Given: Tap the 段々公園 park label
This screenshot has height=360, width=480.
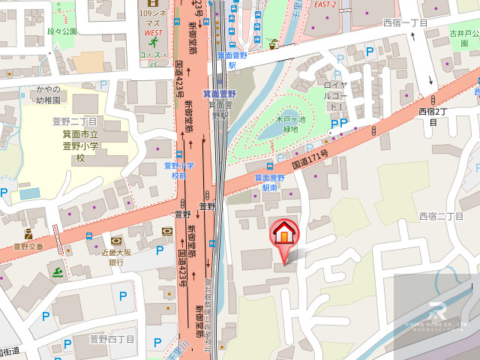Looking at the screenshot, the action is tap(62, 31).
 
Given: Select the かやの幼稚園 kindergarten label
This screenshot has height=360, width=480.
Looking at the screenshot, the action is tap(47, 94).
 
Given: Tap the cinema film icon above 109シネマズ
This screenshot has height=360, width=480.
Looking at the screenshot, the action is tap(154, 3).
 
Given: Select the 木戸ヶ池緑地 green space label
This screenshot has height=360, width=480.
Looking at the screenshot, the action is tap(289, 124).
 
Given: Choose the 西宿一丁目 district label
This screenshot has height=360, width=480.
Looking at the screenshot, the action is tap(405, 23).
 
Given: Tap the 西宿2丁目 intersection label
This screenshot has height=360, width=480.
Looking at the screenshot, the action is tap(433, 116).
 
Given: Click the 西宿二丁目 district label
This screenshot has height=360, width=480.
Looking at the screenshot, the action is tap(442, 216).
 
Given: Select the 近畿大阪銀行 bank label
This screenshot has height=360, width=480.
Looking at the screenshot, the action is tap(116, 257).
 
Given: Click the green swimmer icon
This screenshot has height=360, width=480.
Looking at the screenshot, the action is tap(58, 269).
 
